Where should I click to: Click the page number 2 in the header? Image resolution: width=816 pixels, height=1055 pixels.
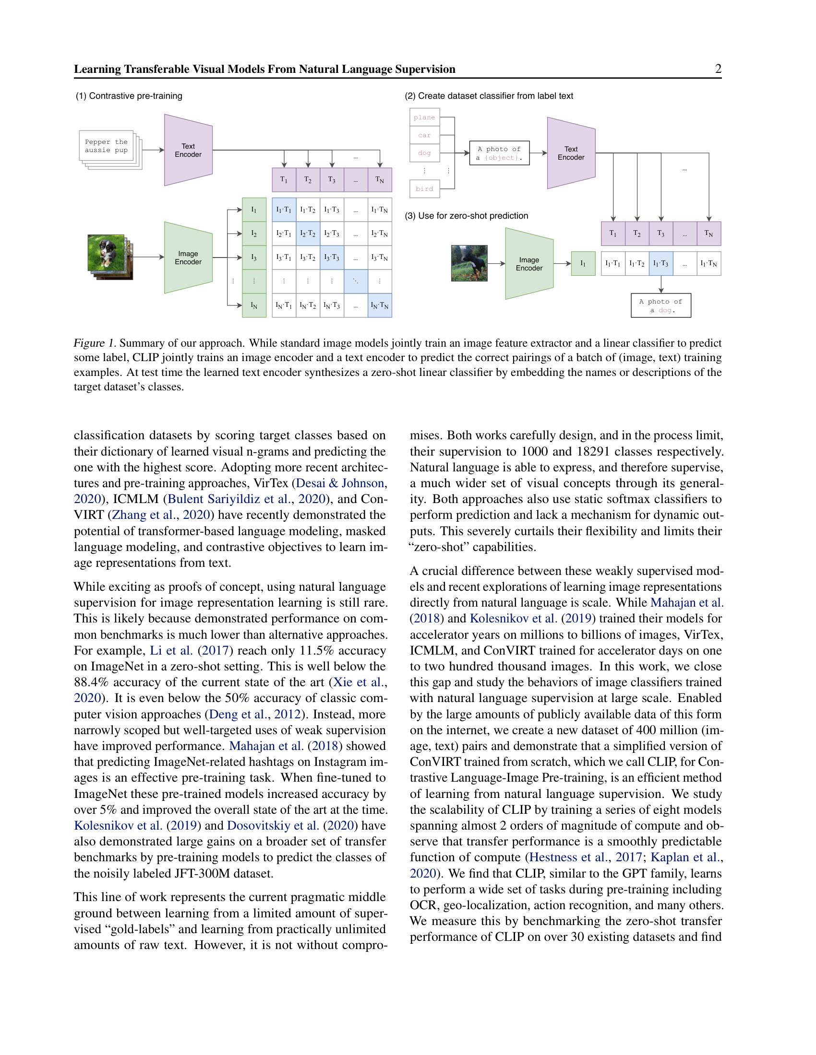click(x=718, y=69)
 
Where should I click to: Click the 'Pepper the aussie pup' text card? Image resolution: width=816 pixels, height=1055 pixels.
click(x=106, y=146)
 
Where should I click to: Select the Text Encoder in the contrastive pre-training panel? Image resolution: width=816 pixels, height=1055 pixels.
click(x=188, y=150)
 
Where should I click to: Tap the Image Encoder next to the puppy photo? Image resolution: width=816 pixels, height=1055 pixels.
click(x=188, y=258)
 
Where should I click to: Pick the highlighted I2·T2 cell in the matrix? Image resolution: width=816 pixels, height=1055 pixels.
click(x=308, y=234)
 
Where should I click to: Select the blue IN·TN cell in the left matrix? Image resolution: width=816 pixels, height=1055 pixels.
click(x=380, y=305)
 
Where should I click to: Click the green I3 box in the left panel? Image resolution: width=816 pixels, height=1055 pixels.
click(x=254, y=258)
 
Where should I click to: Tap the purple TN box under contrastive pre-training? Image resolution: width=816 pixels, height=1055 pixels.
click(x=380, y=180)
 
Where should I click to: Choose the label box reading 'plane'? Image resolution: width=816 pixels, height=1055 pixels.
click(x=424, y=117)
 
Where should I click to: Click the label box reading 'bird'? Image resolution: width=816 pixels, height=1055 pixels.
click(x=424, y=189)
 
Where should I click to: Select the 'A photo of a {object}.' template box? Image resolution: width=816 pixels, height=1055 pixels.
click(x=499, y=153)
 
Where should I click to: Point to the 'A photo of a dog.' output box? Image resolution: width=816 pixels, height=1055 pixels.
click(x=661, y=305)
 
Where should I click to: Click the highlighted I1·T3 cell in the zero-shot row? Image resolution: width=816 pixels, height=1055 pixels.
click(x=661, y=264)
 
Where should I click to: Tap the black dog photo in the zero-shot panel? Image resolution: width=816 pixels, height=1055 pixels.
click(x=469, y=263)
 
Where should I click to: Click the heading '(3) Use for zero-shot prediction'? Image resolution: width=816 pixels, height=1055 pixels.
click(x=466, y=216)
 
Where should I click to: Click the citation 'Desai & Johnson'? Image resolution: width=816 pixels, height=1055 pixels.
click(x=340, y=483)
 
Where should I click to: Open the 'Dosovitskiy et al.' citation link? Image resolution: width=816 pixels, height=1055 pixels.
click(x=273, y=826)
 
